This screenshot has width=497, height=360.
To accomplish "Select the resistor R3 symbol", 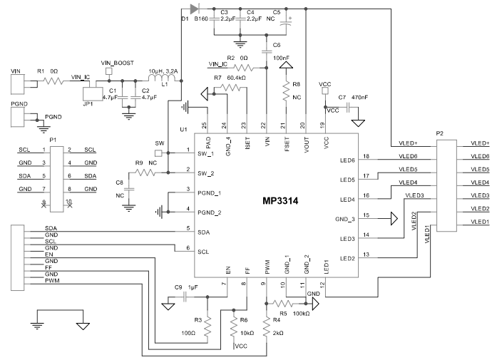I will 208,327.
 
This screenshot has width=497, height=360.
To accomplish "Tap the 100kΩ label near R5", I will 299,312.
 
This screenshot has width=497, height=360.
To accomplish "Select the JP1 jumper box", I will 92,92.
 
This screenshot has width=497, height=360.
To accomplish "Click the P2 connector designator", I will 440,134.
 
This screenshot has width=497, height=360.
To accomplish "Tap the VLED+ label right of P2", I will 480,143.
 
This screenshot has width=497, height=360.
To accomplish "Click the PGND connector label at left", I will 19,103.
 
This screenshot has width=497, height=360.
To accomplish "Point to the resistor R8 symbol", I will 287,93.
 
